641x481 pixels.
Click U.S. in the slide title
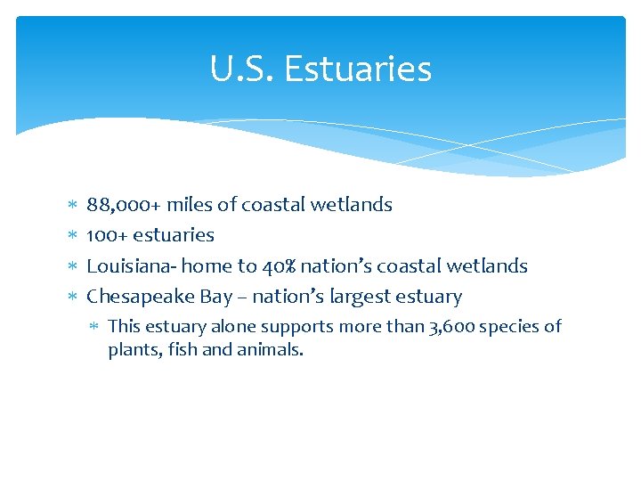click(x=243, y=69)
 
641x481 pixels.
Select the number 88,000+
click(x=123, y=205)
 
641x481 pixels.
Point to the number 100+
click(x=106, y=235)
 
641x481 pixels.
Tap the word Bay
click(x=215, y=297)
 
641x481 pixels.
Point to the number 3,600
click(x=455, y=327)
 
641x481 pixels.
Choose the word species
click(x=515, y=327)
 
